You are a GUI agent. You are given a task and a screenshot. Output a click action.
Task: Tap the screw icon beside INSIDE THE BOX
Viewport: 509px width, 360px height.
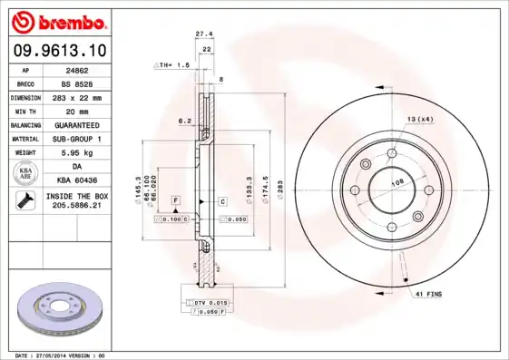tap(25, 201)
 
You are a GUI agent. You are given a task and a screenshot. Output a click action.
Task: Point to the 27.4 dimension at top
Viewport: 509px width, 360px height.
tap(205, 34)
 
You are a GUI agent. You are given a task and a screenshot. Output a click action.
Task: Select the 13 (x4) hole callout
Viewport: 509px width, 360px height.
tap(419, 120)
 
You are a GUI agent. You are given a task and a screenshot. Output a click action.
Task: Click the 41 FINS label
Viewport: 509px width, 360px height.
tap(428, 295)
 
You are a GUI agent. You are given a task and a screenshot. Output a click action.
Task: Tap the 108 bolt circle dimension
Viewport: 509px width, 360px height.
tap(396, 183)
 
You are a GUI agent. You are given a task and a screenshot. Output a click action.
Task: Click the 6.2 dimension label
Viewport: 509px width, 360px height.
tap(183, 120)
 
